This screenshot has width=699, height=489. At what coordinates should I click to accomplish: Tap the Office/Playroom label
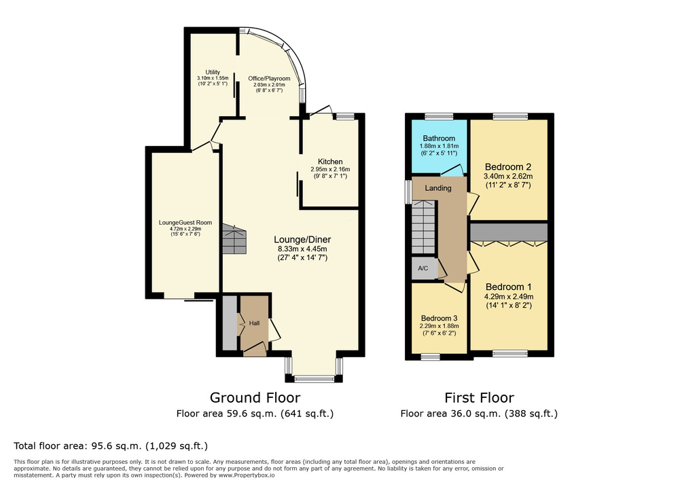(269, 79)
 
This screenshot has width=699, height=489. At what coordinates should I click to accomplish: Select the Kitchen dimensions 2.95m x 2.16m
(330, 169)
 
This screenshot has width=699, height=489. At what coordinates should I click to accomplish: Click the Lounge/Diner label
(302, 239)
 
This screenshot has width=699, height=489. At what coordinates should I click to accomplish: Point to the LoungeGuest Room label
(185, 223)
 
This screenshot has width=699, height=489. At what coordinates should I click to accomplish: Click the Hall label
(254, 323)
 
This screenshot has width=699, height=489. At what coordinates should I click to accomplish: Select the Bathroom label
(439, 139)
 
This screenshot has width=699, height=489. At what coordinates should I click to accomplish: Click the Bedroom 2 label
(508, 166)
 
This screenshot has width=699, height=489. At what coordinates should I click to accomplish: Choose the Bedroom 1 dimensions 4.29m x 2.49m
(508, 296)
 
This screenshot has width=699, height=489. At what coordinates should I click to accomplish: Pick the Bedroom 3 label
(439, 319)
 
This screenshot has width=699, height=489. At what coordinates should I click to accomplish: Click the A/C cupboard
(423, 269)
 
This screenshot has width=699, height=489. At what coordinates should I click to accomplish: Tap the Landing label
(438, 188)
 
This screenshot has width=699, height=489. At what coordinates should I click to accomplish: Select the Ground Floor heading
(255, 398)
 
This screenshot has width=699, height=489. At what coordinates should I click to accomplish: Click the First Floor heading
(479, 398)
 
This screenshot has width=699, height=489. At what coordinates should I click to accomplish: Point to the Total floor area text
(111, 446)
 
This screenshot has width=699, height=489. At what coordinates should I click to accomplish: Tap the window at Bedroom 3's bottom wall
(429, 356)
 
